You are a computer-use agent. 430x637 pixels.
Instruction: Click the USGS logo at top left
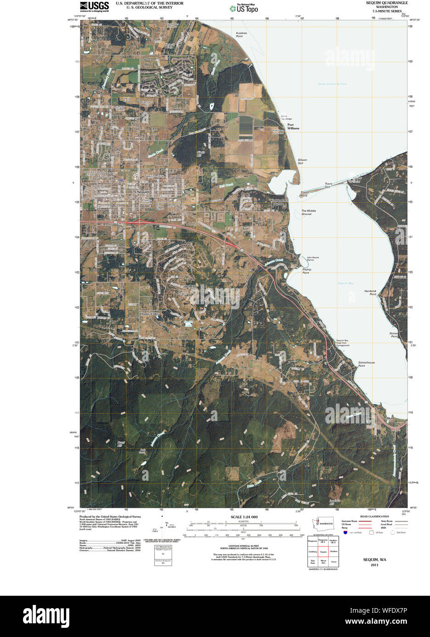pos(94,6)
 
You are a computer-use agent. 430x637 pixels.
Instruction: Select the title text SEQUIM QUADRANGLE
pos(387,3)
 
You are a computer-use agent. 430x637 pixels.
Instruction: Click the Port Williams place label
pos(293,126)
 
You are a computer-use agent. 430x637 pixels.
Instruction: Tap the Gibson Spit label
pos(302,161)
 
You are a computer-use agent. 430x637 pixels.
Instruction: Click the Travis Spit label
pos(328,185)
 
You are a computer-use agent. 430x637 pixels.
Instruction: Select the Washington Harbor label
pos(279,202)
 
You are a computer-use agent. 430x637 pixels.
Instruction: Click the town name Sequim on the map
pos(143,192)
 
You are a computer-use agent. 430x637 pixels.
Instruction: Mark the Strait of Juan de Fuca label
pos(332,84)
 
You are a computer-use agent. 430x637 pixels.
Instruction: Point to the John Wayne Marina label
pos(313,258)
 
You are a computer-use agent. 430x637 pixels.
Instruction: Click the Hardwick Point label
pos(370,292)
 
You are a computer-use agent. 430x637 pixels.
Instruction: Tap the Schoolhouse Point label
pos(366,364)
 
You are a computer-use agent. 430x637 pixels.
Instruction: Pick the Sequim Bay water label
pos(346,283)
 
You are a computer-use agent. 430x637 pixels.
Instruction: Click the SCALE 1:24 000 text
pos(244,517)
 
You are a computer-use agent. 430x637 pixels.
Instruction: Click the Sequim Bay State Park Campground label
pos(342,343)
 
